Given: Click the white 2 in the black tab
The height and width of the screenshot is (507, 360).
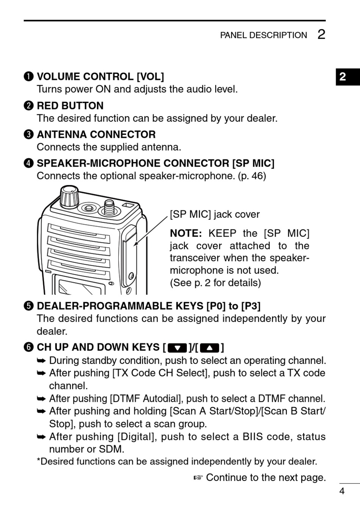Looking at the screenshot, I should (343, 77).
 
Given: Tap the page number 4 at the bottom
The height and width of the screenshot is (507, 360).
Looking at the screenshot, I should (342, 491).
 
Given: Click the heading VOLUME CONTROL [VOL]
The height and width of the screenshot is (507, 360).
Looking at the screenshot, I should (100, 76).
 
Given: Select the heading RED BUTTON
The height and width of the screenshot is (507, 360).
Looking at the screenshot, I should (70, 106).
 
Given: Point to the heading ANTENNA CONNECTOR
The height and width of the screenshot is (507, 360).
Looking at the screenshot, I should (96, 134).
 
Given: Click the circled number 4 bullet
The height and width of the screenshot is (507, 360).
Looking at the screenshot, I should (29, 164).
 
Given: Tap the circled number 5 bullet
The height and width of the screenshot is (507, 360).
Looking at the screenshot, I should (29, 306).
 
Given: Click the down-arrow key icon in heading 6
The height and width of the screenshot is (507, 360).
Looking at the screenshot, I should (177, 347).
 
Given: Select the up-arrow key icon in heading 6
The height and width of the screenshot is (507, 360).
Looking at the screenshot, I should (210, 347).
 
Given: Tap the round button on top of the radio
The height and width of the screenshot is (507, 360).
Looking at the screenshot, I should (89, 208).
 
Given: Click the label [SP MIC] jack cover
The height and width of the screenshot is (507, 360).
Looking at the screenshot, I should (214, 214).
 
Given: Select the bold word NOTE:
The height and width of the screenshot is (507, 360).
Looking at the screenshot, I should (186, 233).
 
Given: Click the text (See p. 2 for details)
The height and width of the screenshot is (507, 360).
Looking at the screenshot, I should (215, 283).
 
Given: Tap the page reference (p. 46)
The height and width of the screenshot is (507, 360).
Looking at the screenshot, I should (252, 176).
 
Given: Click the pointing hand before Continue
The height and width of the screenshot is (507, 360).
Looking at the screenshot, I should (198, 478).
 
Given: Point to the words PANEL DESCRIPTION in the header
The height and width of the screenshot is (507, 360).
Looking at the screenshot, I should (263, 35).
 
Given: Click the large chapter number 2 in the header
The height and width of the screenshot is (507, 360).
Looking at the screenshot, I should (321, 34).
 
